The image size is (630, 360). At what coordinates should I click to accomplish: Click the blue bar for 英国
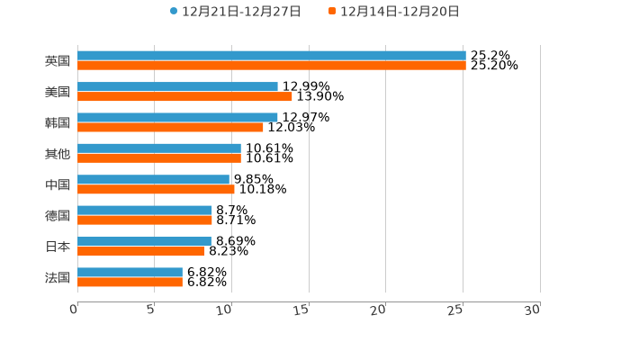click(x=271, y=56)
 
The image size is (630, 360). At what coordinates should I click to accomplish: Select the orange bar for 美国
click(x=184, y=96)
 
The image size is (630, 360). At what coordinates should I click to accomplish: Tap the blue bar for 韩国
click(x=177, y=117)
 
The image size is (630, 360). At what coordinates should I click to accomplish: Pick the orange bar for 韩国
click(x=170, y=127)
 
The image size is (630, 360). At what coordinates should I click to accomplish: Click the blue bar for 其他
click(x=159, y=148)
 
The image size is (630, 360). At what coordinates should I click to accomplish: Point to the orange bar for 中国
click(x=156, y=189)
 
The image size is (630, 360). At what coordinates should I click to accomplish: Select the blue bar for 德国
click(x=145, y=210)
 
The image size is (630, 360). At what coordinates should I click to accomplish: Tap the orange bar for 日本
click(x=141, y=251)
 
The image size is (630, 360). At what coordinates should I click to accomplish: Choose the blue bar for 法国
click(x=130, y=272)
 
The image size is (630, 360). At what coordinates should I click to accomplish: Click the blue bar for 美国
click(x=177, y=86)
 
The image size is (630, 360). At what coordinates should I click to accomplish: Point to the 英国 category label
click(x=58, y=61)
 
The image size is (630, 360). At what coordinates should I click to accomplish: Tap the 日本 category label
click(x=58, y=247)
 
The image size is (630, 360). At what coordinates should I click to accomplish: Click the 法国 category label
click(x=58, y=277)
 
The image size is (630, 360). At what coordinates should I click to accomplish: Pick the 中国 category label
click(x=58, y=184)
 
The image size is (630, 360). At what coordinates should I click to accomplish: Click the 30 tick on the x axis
click(x=533, y=310)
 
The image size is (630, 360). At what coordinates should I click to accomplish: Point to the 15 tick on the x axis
click(x=301, y=310)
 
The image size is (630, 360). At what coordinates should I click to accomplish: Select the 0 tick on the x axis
click(x=75, y=310)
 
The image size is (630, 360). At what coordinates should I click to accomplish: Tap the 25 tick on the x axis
click(x=455, y=310)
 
